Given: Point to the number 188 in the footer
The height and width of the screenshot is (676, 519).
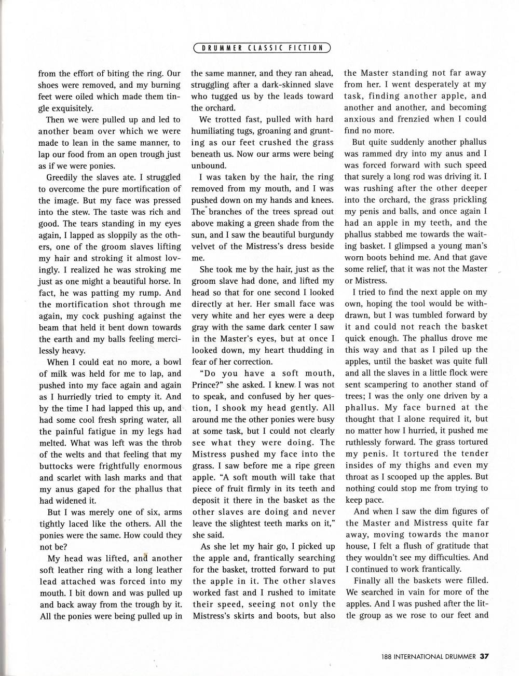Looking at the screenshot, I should [386, 656].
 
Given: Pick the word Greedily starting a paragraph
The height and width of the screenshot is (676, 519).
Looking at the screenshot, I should [64, 177].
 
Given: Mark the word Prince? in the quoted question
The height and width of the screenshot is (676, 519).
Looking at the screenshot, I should [207, 384].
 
